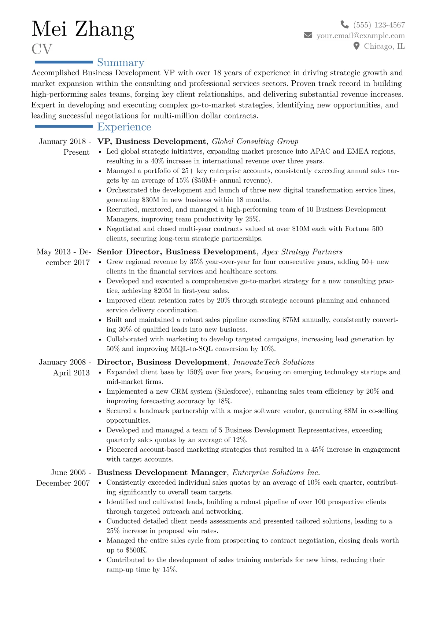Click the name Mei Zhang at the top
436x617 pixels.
pos(83,29)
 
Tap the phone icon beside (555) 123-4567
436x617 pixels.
pos(344,25)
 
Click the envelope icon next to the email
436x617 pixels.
pos(308,35)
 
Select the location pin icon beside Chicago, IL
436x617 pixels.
pos(356,46)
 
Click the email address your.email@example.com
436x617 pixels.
pos(361,36)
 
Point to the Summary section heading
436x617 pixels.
pos(121,63)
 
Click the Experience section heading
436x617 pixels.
pos(124,127)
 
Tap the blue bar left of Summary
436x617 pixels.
pos(64,62)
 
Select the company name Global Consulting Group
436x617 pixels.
pos(255,142)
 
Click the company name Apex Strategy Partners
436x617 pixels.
pos(302,252)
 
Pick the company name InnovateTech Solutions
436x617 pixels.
pos(274,362)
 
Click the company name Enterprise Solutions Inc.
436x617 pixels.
pos(276,473)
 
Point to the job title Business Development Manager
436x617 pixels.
pos(162,473)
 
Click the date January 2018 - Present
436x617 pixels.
pos(65,147)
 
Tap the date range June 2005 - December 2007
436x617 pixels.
pos(63,478)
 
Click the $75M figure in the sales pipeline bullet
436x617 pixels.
pos(291,320)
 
